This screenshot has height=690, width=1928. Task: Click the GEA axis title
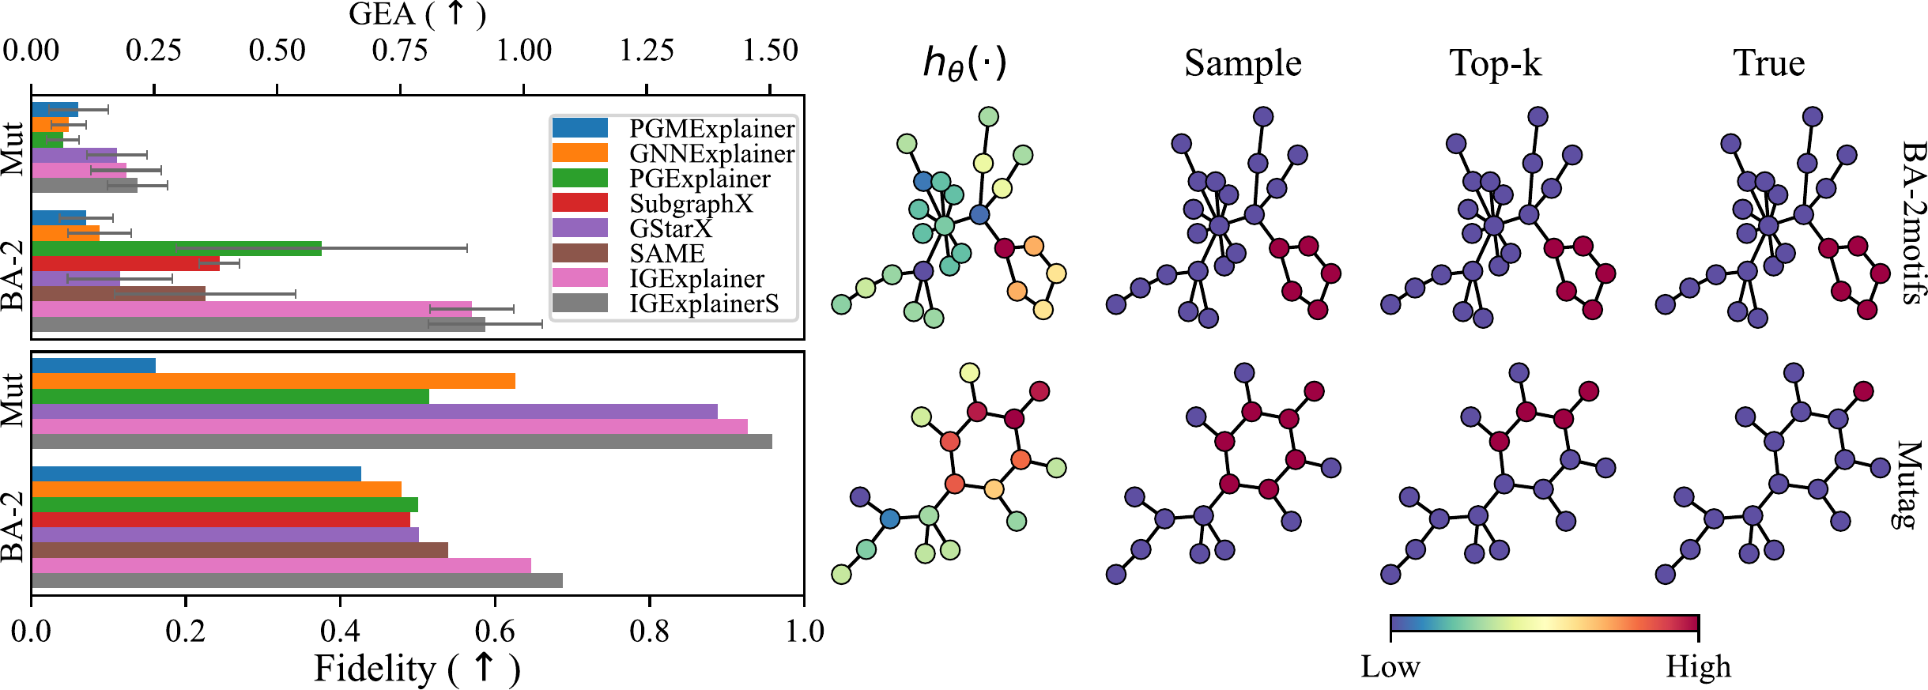tap(417, 14)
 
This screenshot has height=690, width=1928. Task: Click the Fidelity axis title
tap(417, 669)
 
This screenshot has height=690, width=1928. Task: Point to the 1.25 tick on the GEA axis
tap(647, 51)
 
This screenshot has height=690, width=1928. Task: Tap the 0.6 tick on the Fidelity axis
tap(495, 632)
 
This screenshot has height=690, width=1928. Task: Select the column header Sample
tap(1243, 63)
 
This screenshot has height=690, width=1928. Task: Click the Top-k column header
tap(1496, 63)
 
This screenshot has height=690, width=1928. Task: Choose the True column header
tap(1769, 63)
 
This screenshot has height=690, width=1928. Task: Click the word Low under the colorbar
tap(1390, 667)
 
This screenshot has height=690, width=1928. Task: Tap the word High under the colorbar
tap(1699, 667)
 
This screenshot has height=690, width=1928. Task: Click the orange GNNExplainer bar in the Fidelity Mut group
tap(273, 381)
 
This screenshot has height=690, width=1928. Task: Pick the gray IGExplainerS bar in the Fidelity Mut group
tap(402, 442)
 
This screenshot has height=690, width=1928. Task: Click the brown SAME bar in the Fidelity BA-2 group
tap(240, 550)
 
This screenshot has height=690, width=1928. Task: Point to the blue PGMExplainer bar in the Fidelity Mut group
tap(93, 366)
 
